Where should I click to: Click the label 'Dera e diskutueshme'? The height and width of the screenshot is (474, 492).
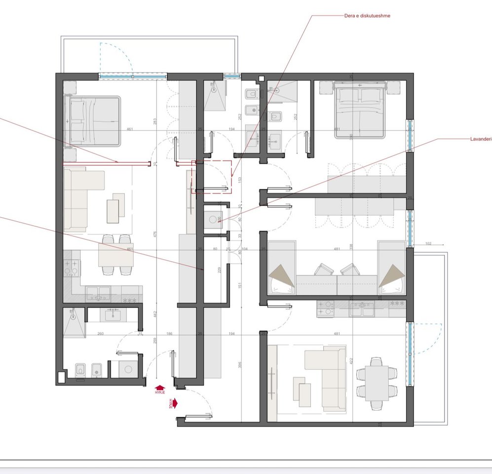click(x=367, y=16)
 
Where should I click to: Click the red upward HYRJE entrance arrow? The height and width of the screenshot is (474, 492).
click(x=159, y=389)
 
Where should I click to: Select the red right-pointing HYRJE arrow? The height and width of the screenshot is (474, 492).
click(x=174, y=403)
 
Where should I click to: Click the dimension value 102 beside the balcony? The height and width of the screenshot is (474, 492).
click(x=428, y=243)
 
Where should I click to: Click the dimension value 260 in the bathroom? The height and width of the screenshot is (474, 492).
click(x=101, y=334)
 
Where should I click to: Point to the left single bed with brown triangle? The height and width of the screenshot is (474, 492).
click(x=281, y=268)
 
